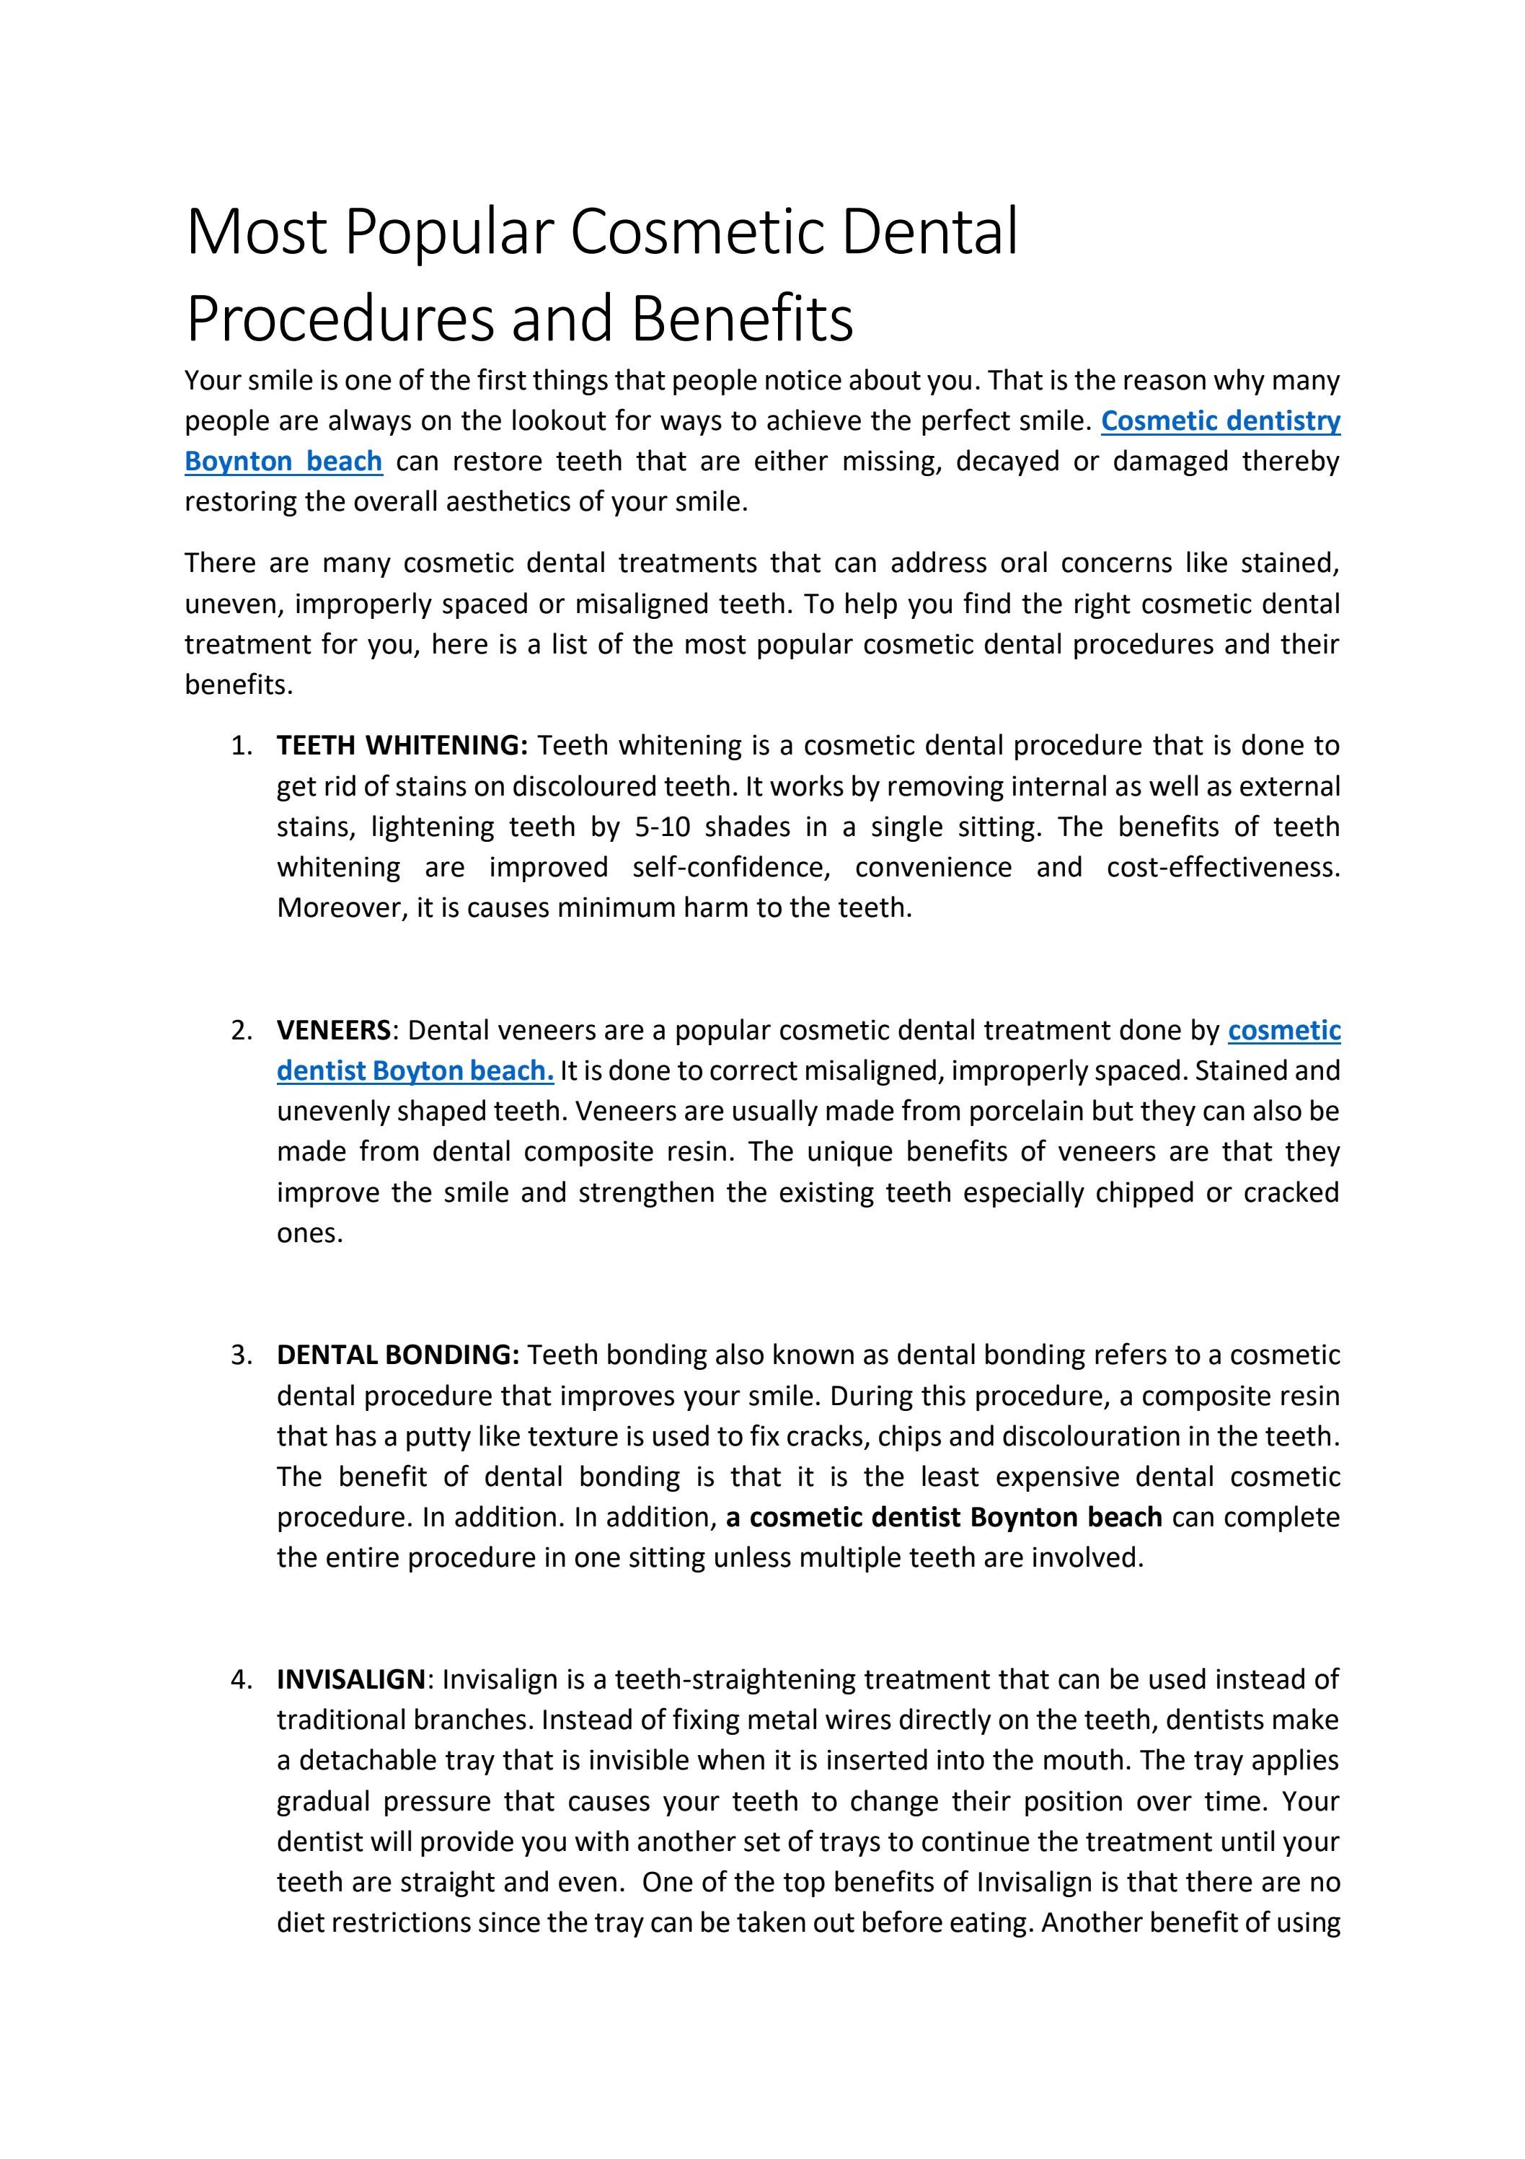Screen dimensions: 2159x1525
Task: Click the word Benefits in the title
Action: click(742, 319)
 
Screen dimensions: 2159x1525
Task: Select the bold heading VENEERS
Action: click(333, 1031)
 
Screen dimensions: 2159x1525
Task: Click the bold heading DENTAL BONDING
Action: click(398, 1355)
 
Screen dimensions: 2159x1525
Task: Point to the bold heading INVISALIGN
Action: click(350, 1679)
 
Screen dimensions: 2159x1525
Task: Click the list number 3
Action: click(241, 1355)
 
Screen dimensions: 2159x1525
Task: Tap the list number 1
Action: click(241, 746)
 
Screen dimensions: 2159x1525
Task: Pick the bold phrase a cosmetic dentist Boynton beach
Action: click(943, 1518)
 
